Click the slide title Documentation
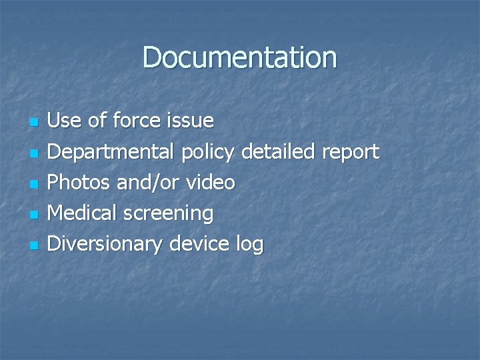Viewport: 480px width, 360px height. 239,57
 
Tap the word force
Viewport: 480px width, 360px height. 136,121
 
